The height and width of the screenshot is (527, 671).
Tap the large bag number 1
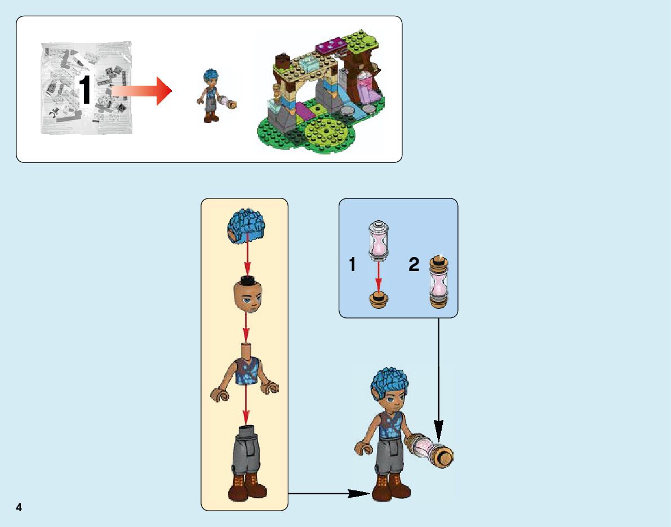click(x=85, y=91)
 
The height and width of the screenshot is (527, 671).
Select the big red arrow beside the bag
click(x=141, y=91)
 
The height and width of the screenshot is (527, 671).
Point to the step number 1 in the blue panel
click(x=353, y=264)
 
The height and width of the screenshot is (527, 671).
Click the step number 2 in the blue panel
click(x=414, y=264)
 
